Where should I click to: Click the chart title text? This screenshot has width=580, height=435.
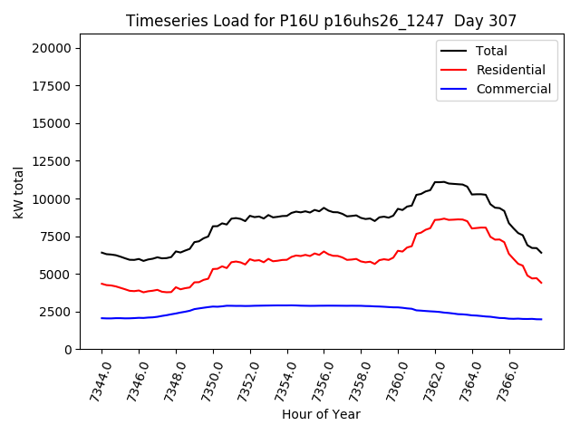(320, 21)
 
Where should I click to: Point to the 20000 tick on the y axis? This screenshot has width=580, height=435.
(56, 48)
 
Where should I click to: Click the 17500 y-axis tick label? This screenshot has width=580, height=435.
(56, 86)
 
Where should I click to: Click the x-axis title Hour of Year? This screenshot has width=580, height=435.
(321, 414)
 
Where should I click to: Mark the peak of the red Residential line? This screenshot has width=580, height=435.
(443, 218)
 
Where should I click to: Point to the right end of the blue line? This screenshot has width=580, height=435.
(541, 319)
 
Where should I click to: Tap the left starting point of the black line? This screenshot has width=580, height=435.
(101, 252)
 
